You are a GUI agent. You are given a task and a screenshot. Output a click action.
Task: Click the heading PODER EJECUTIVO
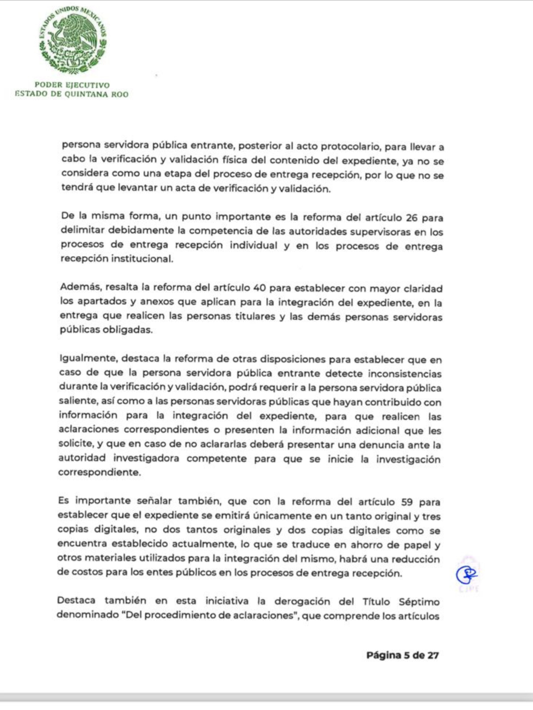[x=72, y=85]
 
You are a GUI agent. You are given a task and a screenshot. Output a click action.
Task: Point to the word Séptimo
[x=419, y=602]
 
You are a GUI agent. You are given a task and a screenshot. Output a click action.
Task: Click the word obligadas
[x=127, y=330]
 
